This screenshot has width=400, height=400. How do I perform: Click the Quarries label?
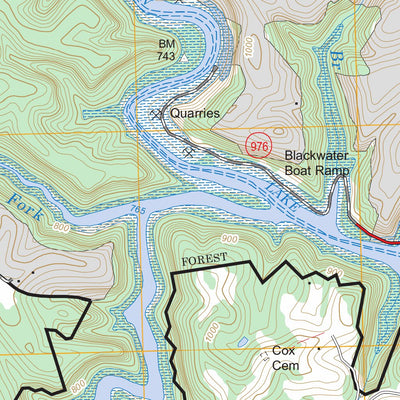point(194,114)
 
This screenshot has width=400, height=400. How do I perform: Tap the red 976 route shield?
point(259,146)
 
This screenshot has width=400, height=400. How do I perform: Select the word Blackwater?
point(319,156)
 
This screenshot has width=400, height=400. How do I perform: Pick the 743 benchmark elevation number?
point(168,59)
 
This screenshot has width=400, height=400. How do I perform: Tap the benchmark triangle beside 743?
point(184,58)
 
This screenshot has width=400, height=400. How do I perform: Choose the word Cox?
point(284,352)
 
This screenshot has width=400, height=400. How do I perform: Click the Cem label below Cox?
point(285,367)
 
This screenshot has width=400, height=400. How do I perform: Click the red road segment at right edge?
point(380,236)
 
